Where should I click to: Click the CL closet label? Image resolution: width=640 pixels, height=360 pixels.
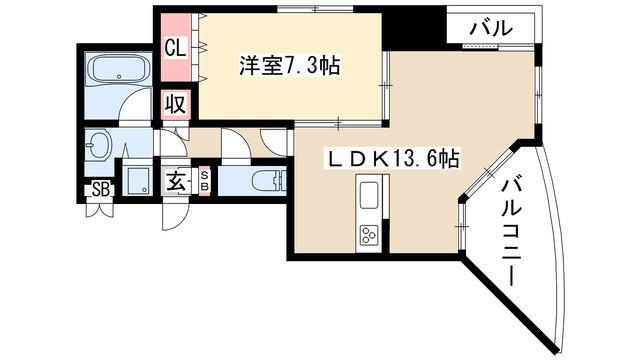click(175, 47)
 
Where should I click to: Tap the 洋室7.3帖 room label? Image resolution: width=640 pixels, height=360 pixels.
click(289, 65)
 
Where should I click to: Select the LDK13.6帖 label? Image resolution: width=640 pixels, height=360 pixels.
click(392, 159)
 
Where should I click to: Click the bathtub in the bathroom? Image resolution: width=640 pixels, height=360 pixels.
click(119, 69)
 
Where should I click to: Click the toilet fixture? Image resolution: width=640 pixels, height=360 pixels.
click(269, 180)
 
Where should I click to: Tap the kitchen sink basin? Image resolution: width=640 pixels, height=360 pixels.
click(369, 194)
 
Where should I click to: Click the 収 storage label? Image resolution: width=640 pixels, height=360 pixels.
click(175, 104)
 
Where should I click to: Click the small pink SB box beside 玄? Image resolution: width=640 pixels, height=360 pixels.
click(205, 181)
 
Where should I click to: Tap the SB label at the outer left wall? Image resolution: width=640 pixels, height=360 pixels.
click(100, 190)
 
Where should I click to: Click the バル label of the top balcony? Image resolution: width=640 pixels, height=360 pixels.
click(491, 28)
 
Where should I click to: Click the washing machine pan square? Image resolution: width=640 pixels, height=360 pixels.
click(137, 181)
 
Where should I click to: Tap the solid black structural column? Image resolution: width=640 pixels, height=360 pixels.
click(414, 28)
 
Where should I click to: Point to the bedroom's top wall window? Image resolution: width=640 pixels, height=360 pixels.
click(315, 9)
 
